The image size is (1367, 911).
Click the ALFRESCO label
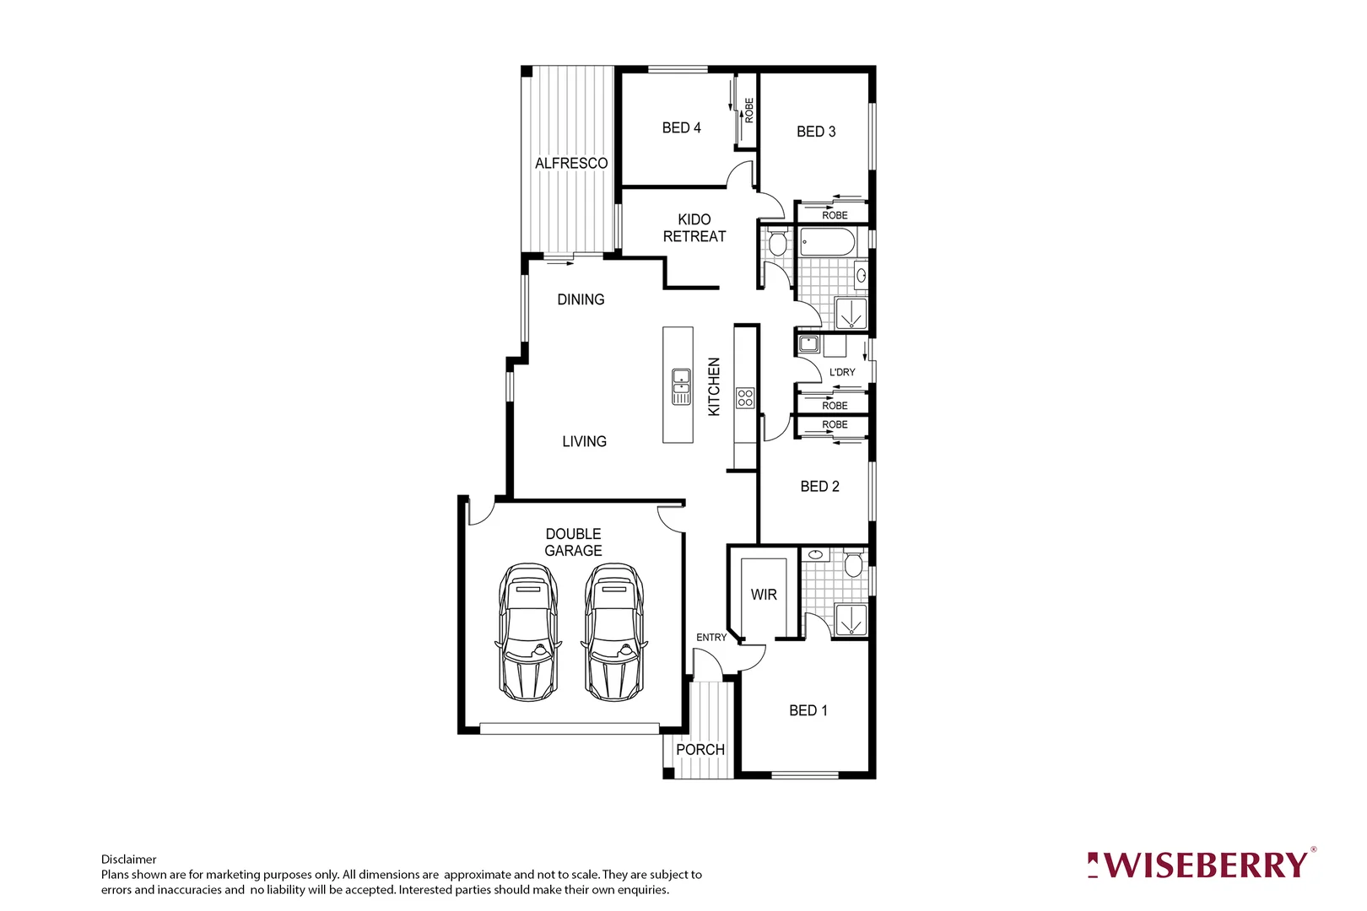pos(571,163)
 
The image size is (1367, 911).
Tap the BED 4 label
pos(681,127)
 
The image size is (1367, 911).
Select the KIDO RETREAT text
pos(694,228)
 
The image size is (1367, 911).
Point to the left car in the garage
pos(528,633)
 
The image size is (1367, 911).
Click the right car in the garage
pos(614,633)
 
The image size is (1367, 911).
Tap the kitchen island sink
pos(681,386)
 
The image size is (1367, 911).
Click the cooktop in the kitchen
pos(745,397)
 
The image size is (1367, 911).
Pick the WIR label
pos(764,595)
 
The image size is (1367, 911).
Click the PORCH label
pos(700,749)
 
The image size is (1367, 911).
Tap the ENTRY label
pos(711,638)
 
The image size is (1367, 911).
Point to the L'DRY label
pos(842,372)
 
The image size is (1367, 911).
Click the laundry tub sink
pos(808,344)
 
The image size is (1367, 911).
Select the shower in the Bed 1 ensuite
pos(851,618)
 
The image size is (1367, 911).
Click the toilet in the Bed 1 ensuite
pos(854,563)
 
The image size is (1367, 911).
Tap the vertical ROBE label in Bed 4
pos(749,111)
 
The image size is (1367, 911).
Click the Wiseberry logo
pos(1201,865)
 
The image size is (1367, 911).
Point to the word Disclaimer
pos(128,860)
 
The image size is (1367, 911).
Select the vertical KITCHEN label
pos(714,386)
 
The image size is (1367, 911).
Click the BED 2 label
pos(819,486)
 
